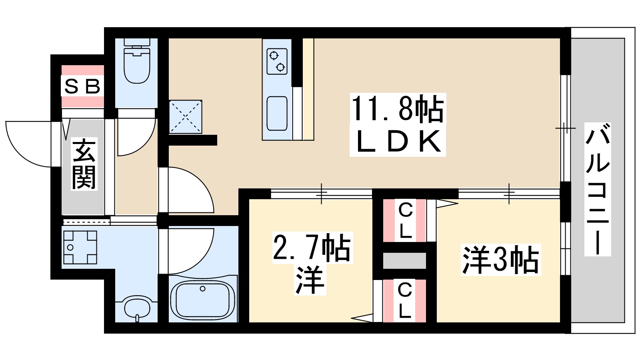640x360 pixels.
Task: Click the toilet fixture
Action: tap(137, 64)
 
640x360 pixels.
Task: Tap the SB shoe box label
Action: tap(82, 86)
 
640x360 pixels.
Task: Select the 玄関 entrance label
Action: tap(84, 164)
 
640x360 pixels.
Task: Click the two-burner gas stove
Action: tap(277, 61)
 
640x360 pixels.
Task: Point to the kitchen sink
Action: tap(277, 113)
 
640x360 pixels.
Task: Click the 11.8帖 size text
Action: tap(397, 109)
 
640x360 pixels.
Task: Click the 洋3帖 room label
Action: tap(500, 260)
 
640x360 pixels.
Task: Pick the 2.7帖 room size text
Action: tap(311, 247)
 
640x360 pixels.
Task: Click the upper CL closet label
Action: tap(405, 220)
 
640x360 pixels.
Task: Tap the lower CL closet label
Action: tap(405, 300)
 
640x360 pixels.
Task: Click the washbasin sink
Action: tap(137, 308)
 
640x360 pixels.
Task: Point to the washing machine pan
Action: tap(80, 247)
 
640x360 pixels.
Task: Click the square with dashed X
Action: tap(185, 116)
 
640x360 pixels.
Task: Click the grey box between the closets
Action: tap(404, 261)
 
